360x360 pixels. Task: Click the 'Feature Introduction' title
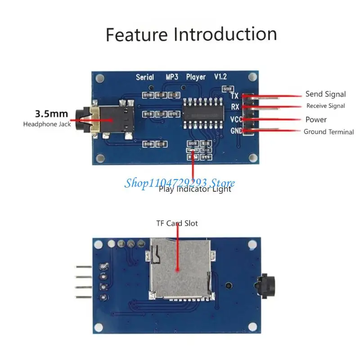click(x=191, y=34)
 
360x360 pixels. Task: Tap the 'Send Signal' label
click(x=325, y=94)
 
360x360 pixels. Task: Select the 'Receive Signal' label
click(x=325, y=106)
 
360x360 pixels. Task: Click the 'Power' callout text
click(x=316, y=119)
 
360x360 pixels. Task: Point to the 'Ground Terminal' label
click(x=328, y=132)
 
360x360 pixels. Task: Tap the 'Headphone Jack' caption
click(x=47, y=124)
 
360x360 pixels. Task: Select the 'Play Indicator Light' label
click(x=195, y=189)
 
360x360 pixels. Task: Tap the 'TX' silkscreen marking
click(x=234, y=96)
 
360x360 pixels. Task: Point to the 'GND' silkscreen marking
click(x=236, y=131)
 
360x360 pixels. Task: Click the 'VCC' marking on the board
click(x=235, y=119)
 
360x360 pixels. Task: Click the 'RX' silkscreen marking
click(x=234, y=107)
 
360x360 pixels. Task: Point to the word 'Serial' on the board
click(x=145, y=77)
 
